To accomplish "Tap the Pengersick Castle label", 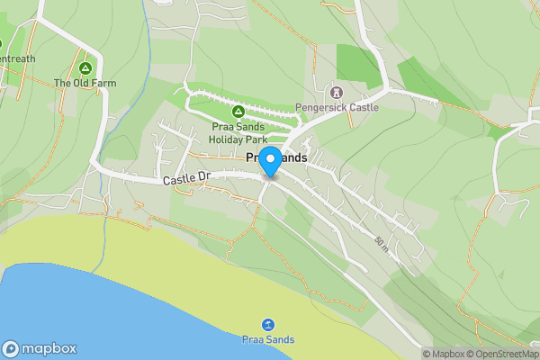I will pos(337,107).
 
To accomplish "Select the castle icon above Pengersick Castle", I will pos(337,92).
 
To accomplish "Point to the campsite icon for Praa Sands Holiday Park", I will pos(238,112).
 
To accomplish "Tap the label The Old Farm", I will pos(85,83).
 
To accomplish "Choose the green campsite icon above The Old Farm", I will pos(85,67).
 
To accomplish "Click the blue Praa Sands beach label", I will pos(267,339).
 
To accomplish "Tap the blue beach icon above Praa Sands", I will pos(267,324).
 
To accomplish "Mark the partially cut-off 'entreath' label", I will pos(17,58).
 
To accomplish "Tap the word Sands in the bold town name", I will pos(292,157).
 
